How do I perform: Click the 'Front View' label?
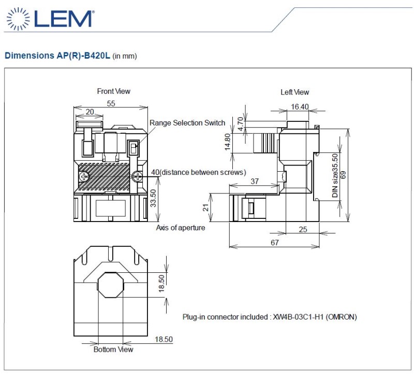[113, 91]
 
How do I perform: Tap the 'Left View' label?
[294, 92]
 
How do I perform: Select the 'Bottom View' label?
[113, 350]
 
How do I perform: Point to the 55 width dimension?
[111, 104]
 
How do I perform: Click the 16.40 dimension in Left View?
[300, 107]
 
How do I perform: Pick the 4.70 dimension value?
[240, 124]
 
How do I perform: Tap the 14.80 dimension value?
[228, 142]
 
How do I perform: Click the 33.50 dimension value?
[153, 198]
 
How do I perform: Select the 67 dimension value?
[275, 242]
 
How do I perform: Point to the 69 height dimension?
[343, 175]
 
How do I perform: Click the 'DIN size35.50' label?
[335, 175]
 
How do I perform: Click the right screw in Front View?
[138, 176]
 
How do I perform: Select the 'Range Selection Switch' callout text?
[187, 123]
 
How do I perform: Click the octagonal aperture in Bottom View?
[111, 285]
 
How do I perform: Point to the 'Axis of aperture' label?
[180, 228]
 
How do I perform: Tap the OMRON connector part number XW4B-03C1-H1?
[298, 317]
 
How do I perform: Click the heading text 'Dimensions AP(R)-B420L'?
[57, 56]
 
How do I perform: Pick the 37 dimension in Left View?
[255, 182]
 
